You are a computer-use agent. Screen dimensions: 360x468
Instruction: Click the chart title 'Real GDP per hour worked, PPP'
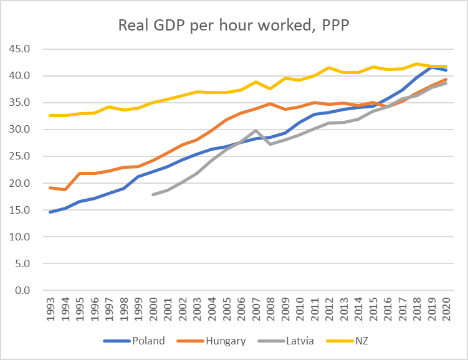[x=234, y=26]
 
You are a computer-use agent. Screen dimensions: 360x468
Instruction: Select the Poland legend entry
[x=148, y=341]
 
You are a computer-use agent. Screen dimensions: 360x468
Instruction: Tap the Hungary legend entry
[x=223, y=341]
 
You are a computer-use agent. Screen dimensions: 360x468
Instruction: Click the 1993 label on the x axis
[x=50, y=310]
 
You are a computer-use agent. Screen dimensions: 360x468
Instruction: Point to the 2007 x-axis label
[x=255, y=310]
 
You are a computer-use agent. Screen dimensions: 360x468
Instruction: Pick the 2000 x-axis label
[x=153, y=310]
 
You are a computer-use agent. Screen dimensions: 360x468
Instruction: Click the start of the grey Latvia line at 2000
[x=153, y=194]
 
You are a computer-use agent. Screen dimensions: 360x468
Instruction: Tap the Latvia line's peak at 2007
[x=255, y=130]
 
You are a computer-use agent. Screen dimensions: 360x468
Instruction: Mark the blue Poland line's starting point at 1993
[x=50, y=212]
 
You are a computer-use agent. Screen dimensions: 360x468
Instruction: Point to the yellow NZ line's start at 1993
[x=50, y=115]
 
